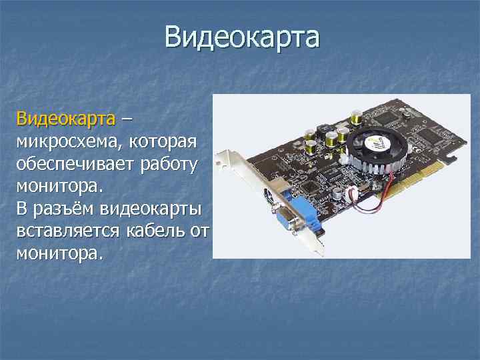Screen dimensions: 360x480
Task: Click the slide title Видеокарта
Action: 243,37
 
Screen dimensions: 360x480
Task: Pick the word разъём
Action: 63,209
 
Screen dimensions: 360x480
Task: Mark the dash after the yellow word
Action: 127,121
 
